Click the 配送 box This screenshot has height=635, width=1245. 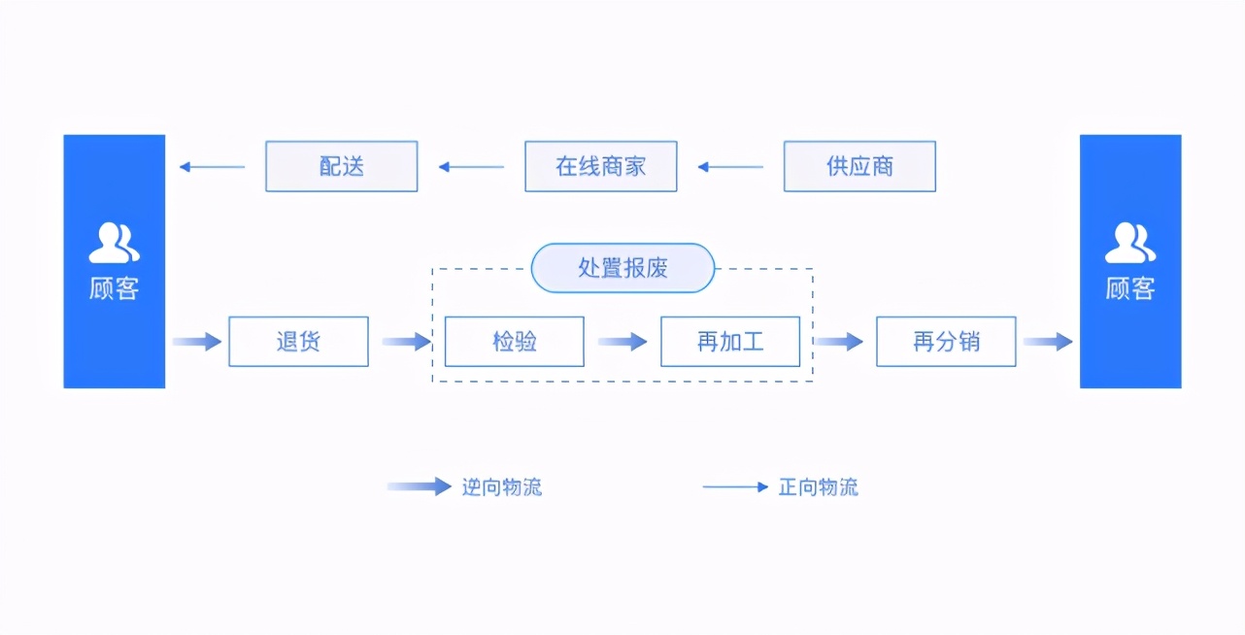click(341, 166)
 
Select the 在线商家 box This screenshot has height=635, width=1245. click(600, 166)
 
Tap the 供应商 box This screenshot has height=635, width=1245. click(859, 166)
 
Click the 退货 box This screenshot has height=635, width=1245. click(298, 342)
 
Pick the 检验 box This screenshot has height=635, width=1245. click(514, 342)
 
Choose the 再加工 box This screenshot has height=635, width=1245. click(730, 342)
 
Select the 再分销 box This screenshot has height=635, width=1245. click(946, 342)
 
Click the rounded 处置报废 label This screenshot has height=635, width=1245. click(622, 268)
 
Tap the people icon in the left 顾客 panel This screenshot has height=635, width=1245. click(114, 243)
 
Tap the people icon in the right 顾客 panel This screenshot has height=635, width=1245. click(1129, 243)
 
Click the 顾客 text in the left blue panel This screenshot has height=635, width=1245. click(114, 288)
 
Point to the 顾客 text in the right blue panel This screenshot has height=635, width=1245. click(1129, 288)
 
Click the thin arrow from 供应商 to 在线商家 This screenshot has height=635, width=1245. click(730, 167)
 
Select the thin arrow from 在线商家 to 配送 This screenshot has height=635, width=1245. click(471, 167)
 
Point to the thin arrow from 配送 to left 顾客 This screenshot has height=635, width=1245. click(212, 167)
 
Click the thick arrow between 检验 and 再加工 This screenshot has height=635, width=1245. click(622, 342)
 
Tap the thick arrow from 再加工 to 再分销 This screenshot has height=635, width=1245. click(838, 342)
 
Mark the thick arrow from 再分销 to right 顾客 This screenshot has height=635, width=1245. click(1047, 342)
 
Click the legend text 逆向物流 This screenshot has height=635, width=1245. click(501, 487)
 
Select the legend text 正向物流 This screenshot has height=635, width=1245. click(818, 487)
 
